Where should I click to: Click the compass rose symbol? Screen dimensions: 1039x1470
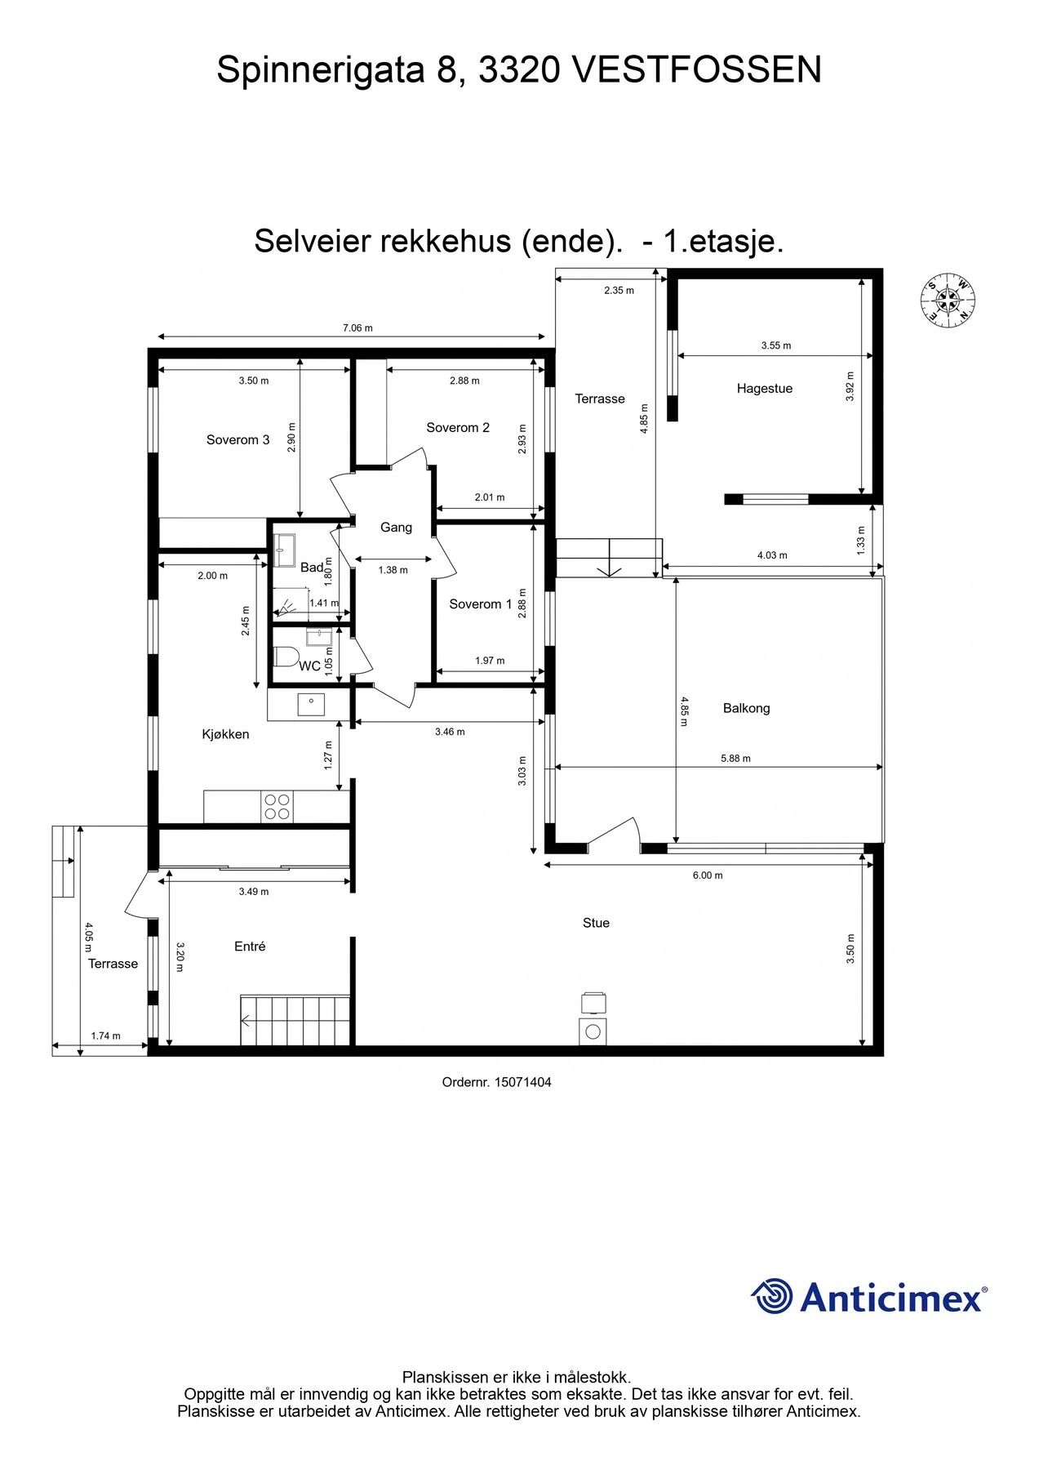point(948,299)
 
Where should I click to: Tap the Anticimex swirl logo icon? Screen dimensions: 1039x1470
point(771,1296)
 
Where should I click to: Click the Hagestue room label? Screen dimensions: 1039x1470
point(765,389)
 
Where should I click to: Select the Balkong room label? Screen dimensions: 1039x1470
point(746,708)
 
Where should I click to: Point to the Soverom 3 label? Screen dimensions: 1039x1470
point(238,440)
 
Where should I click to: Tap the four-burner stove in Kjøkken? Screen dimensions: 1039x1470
point(277,807)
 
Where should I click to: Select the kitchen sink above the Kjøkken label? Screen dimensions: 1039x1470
point(311,705)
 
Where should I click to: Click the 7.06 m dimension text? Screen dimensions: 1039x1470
point(357,328)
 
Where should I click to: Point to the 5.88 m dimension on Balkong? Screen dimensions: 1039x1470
point(735,759)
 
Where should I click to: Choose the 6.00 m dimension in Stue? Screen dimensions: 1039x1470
point(708,875)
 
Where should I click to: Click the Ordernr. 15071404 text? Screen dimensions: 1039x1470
point(496,1082)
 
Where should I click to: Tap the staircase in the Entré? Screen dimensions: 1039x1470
point(295,1019)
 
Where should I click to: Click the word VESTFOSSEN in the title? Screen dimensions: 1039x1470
point(697,70)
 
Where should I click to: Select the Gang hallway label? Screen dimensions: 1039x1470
point(396,528)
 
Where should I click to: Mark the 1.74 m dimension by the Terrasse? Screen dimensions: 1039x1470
point(105,1036)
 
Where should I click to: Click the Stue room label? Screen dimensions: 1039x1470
point(596,923)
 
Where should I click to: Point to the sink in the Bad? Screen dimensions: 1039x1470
point(286,550)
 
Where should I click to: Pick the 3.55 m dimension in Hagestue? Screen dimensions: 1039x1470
point(776,345)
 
